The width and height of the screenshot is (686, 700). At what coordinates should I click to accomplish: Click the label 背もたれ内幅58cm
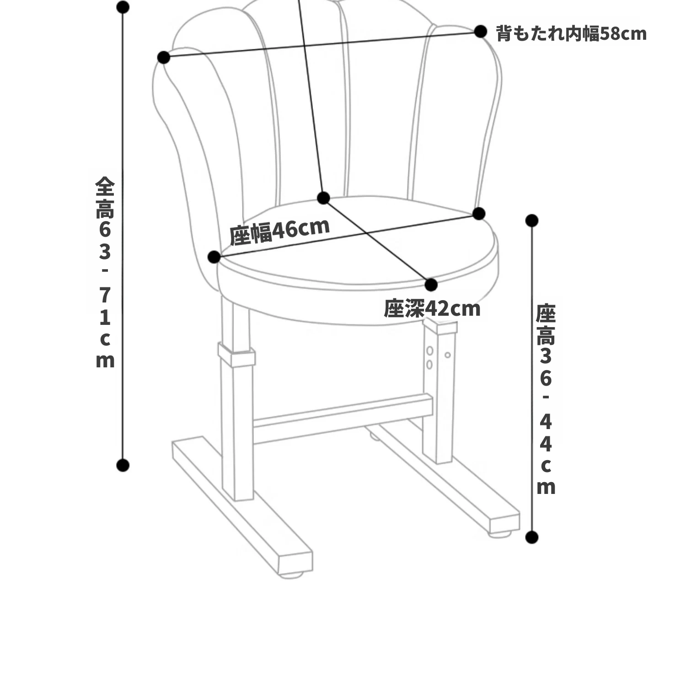pos(571,33)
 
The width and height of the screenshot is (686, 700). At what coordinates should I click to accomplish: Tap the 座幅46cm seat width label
pos(279,231)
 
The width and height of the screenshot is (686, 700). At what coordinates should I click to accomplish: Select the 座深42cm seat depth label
pos(432,308)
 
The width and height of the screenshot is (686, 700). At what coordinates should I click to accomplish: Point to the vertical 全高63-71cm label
pos(105,272)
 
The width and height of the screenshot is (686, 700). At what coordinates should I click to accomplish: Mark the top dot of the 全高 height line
pos(123,7)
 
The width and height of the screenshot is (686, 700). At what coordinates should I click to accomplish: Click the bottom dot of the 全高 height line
pos(123,466)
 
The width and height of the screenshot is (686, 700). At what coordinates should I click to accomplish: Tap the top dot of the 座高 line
pos(532,221)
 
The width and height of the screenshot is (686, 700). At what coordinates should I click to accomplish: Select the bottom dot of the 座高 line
pos(532,537)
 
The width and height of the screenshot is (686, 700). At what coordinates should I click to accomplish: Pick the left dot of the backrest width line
pos(164,58)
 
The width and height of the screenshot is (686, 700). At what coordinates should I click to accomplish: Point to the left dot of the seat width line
pos(214,257)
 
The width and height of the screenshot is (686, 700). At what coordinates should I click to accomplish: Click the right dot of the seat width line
pos(479,213)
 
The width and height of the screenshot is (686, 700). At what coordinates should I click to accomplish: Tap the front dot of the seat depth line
pos(431,285)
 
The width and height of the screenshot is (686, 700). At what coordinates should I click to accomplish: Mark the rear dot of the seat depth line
pos(323,198)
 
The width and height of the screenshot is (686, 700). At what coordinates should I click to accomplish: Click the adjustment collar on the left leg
pos(236,355)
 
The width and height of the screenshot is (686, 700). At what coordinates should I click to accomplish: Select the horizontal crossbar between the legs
pos(343,419)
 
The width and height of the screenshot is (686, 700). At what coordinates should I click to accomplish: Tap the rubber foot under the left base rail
pos(293,575)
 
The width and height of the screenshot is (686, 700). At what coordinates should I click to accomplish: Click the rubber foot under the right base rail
pos(500,533)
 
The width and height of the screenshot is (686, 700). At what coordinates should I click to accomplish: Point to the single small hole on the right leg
pos(448,355)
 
